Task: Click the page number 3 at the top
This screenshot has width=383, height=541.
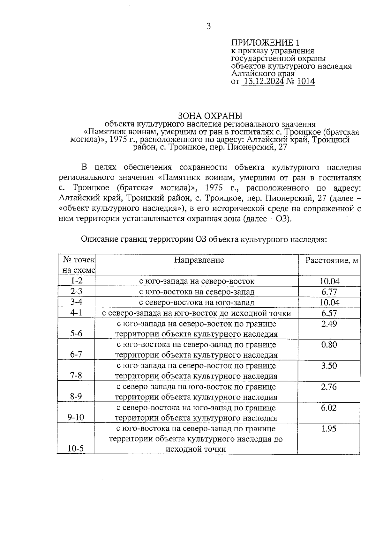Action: (x=208, y=27)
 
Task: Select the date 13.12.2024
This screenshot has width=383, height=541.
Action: (x=263, y=82)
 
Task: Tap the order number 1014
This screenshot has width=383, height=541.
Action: (x=305, y=82)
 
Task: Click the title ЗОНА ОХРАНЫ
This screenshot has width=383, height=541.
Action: (x=210, y=116)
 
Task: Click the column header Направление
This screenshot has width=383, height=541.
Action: (x=199, y=260)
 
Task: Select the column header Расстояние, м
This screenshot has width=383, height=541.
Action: (x=332, y=261)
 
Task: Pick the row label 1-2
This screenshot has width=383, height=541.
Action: (x=77, y=281)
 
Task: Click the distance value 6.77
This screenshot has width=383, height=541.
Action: (x=329, y=292)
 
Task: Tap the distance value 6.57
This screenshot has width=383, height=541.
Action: (x=329, y=313)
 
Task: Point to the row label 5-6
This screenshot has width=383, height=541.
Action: (x=76, y=333)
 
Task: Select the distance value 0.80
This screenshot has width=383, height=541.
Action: (x=329, y=345)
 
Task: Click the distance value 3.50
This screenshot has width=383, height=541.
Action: (x=329, y=366)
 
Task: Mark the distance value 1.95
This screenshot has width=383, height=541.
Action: (x=329, y=429)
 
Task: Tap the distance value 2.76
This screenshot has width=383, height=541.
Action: (x=329, y=387)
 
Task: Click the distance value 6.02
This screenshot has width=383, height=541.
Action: (x=329, y=408)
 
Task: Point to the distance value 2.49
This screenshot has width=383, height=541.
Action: (x=329, y=324)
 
